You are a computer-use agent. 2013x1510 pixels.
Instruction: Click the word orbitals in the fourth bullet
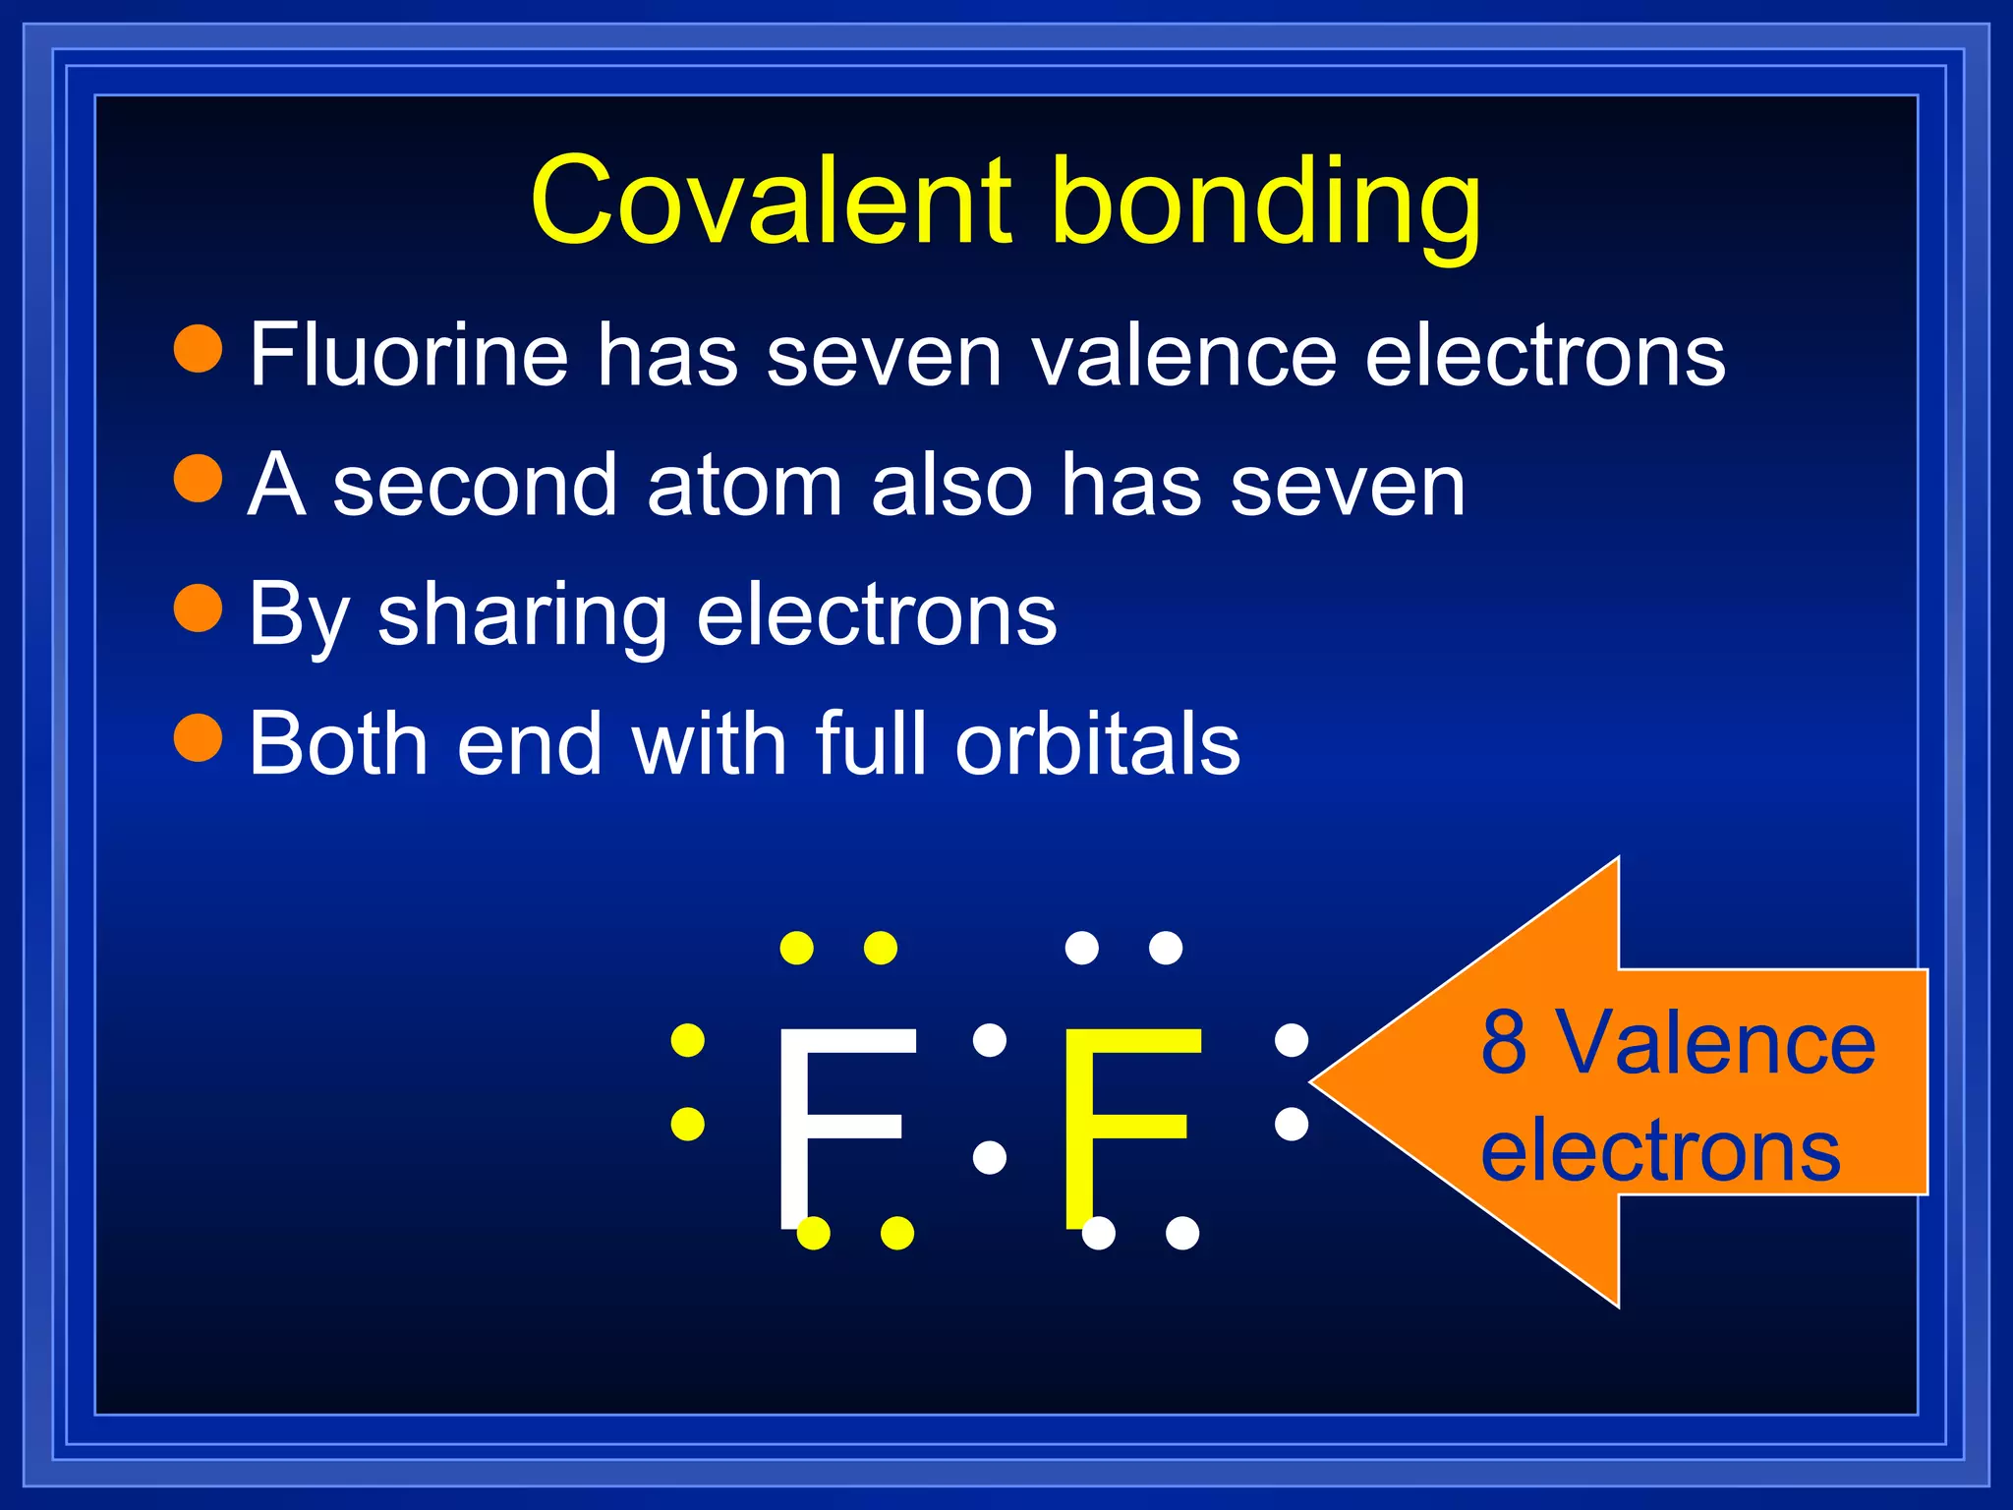tap(1098, 743)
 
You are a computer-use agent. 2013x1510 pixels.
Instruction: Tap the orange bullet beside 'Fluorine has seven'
tap(199, 349)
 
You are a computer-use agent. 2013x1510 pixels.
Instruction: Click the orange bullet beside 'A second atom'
tap(199, 479)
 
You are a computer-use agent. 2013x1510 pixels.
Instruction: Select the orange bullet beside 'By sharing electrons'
tap(199, 609)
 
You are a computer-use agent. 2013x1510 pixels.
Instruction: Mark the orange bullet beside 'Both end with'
tap(199, 737)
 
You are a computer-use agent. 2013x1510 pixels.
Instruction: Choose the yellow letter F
tap(1130, 1126)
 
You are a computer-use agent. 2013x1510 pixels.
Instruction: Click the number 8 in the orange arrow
tap(1504, 1042)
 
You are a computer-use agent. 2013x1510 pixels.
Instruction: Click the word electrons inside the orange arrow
tap(1660, 1150)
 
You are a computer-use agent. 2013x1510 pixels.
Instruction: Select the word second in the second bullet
tap(475, 485)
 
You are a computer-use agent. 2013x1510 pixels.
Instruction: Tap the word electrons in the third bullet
tap(877, 615)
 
